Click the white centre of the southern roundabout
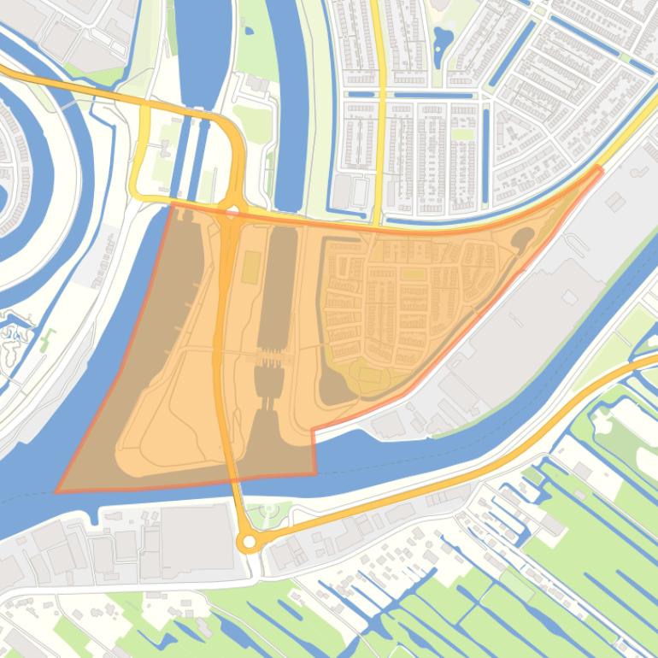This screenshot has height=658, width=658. click(x=249, y=542)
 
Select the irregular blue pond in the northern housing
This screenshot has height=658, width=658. click(x=443, y=39)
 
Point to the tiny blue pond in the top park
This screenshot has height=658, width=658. click(x=248, y=31)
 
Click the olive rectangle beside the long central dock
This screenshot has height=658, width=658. click(x=251, y=268)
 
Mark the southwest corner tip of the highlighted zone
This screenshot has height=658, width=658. click(x=57, y=491)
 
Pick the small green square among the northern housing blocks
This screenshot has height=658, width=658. click(x=462, y=134)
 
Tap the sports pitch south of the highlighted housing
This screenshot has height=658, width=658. click(x=370, y=374)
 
